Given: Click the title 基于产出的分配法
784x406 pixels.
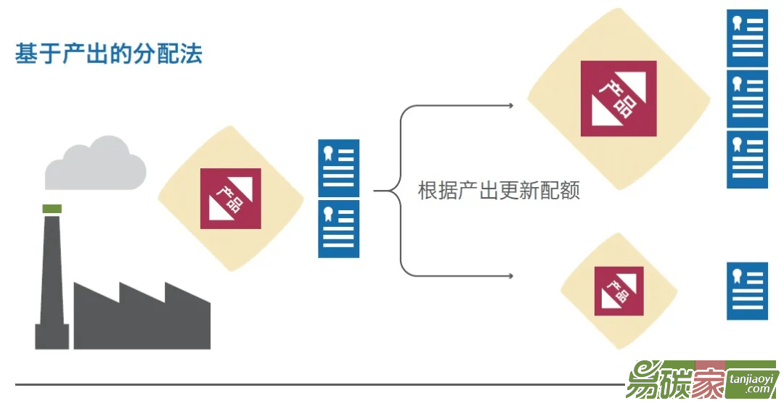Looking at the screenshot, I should coord(109,54).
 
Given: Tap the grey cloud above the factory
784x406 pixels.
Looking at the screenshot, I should coord(95,165).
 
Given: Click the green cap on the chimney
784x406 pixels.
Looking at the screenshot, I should coord(52,209).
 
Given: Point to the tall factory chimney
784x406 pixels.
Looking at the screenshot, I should coord(52,283).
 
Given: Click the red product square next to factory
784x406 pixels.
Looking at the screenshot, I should coord(230,199).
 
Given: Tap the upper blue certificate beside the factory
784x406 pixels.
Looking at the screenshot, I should coord(338,167).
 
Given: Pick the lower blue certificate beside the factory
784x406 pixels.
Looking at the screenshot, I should coord(338,229).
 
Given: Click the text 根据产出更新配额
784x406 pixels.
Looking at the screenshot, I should coord(499,191).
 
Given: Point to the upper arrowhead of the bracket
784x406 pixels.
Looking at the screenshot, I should coord(511,106).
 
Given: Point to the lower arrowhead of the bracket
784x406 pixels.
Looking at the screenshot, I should coord(511,276).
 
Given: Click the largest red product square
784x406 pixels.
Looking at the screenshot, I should coord(618,99).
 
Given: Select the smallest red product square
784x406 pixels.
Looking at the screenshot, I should coord(618,291).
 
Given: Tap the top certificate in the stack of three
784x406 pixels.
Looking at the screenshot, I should coord(747,38).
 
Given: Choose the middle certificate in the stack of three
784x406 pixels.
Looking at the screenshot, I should coord(747,99).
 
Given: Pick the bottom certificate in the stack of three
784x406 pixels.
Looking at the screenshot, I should coord(747,159).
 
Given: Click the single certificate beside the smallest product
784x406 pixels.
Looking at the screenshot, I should coord(747,291).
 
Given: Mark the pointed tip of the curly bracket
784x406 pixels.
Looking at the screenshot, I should coord(375,191).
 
